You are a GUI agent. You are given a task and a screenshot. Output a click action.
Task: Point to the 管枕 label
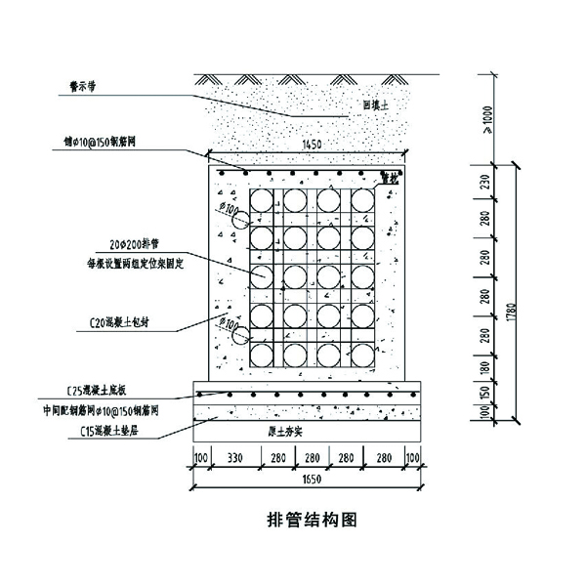388,179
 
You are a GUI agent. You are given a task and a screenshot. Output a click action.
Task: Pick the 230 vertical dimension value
486,183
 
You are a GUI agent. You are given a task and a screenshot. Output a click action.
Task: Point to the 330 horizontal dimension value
231,456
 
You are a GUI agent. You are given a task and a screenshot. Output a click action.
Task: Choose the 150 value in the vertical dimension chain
486,394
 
